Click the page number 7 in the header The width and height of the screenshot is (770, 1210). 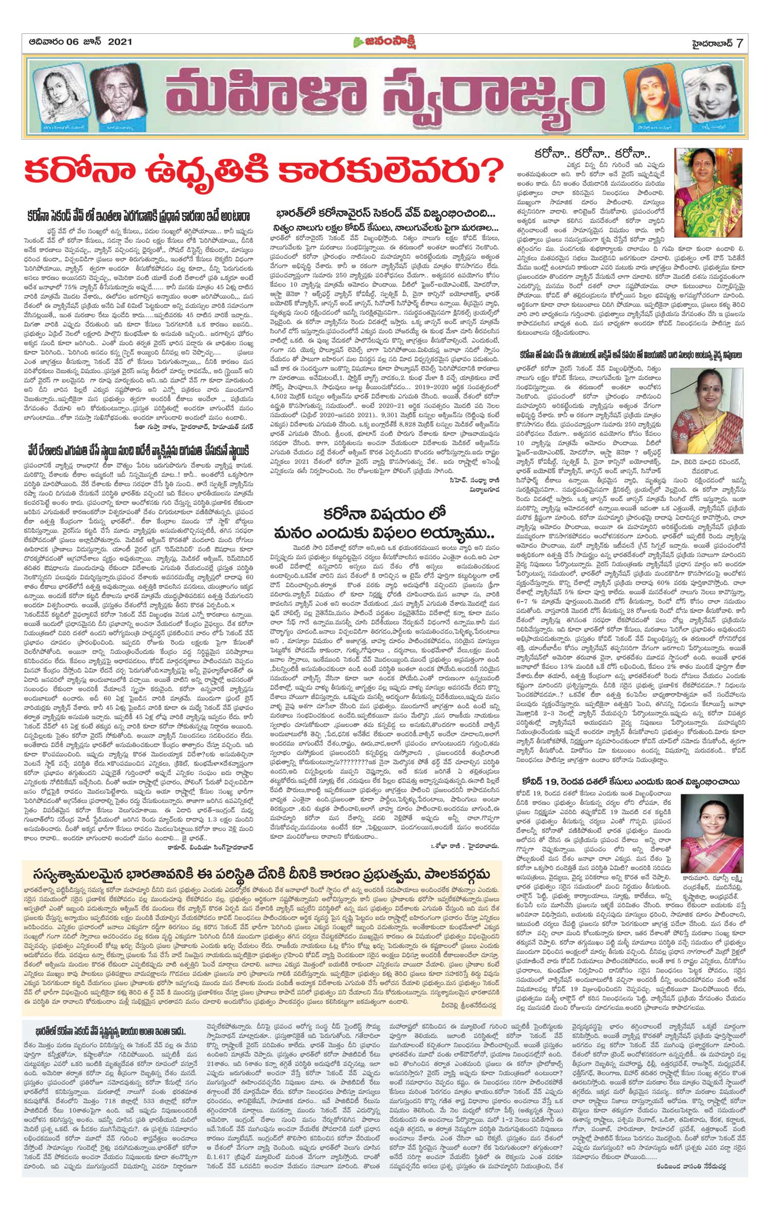click(739, 43)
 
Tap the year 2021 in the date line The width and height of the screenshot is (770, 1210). click(120, 42)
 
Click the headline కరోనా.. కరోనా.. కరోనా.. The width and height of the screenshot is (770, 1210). click(592, 155)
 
